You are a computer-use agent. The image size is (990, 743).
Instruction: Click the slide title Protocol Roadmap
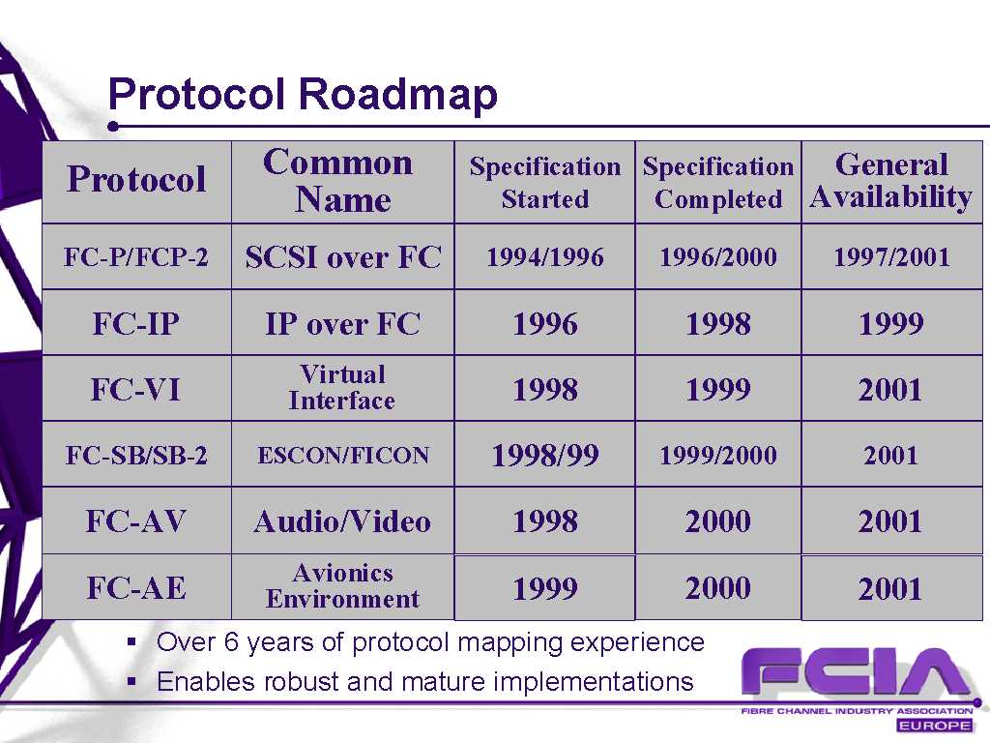[x=303, y=95]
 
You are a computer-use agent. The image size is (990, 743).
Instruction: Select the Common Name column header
[x=342, y=181]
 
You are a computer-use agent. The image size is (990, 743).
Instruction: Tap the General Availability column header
[x=890, y=181]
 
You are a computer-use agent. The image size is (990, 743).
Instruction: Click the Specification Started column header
[x=545, y=182]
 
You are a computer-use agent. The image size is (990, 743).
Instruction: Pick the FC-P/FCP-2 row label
[x=135, y=257]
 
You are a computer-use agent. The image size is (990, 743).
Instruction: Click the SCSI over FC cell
[x=343, y=257]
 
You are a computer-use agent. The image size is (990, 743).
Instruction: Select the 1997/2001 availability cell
[x=891, y=257]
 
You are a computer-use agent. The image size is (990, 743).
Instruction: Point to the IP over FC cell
[x=343, y=324]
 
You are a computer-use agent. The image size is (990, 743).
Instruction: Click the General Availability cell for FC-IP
[x=891, y=324]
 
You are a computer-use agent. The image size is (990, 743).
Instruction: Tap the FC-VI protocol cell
[x=135, y=389]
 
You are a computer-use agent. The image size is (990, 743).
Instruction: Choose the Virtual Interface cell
[x=342, y=387]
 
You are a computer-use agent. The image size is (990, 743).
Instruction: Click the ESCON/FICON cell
[x=343, y=455]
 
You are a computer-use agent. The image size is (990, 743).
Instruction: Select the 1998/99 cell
[x=545, y=455]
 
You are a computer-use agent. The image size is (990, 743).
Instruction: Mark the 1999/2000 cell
[x=718, y=455]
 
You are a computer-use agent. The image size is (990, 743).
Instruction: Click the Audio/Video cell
[x=342, y=521]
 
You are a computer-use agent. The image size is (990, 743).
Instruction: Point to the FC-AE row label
[x=136, y=588]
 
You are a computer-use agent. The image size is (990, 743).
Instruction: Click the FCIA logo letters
[x=856, y=674]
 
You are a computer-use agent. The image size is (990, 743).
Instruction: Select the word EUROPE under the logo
[x=935, y=726]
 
